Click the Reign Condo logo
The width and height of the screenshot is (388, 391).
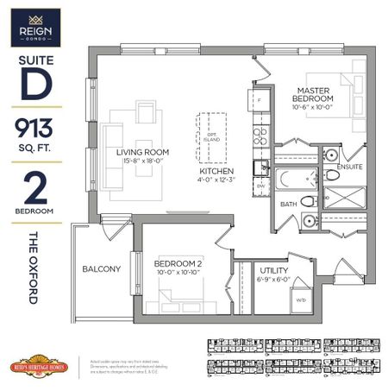pos(31,27)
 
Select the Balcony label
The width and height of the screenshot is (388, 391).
pos(102,268)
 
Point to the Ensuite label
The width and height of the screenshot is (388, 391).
pos(349,166)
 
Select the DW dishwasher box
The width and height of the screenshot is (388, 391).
pos(260,186)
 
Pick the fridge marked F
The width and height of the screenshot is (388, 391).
pos(260,100)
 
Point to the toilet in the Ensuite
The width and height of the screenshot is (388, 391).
pos(332,174)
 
